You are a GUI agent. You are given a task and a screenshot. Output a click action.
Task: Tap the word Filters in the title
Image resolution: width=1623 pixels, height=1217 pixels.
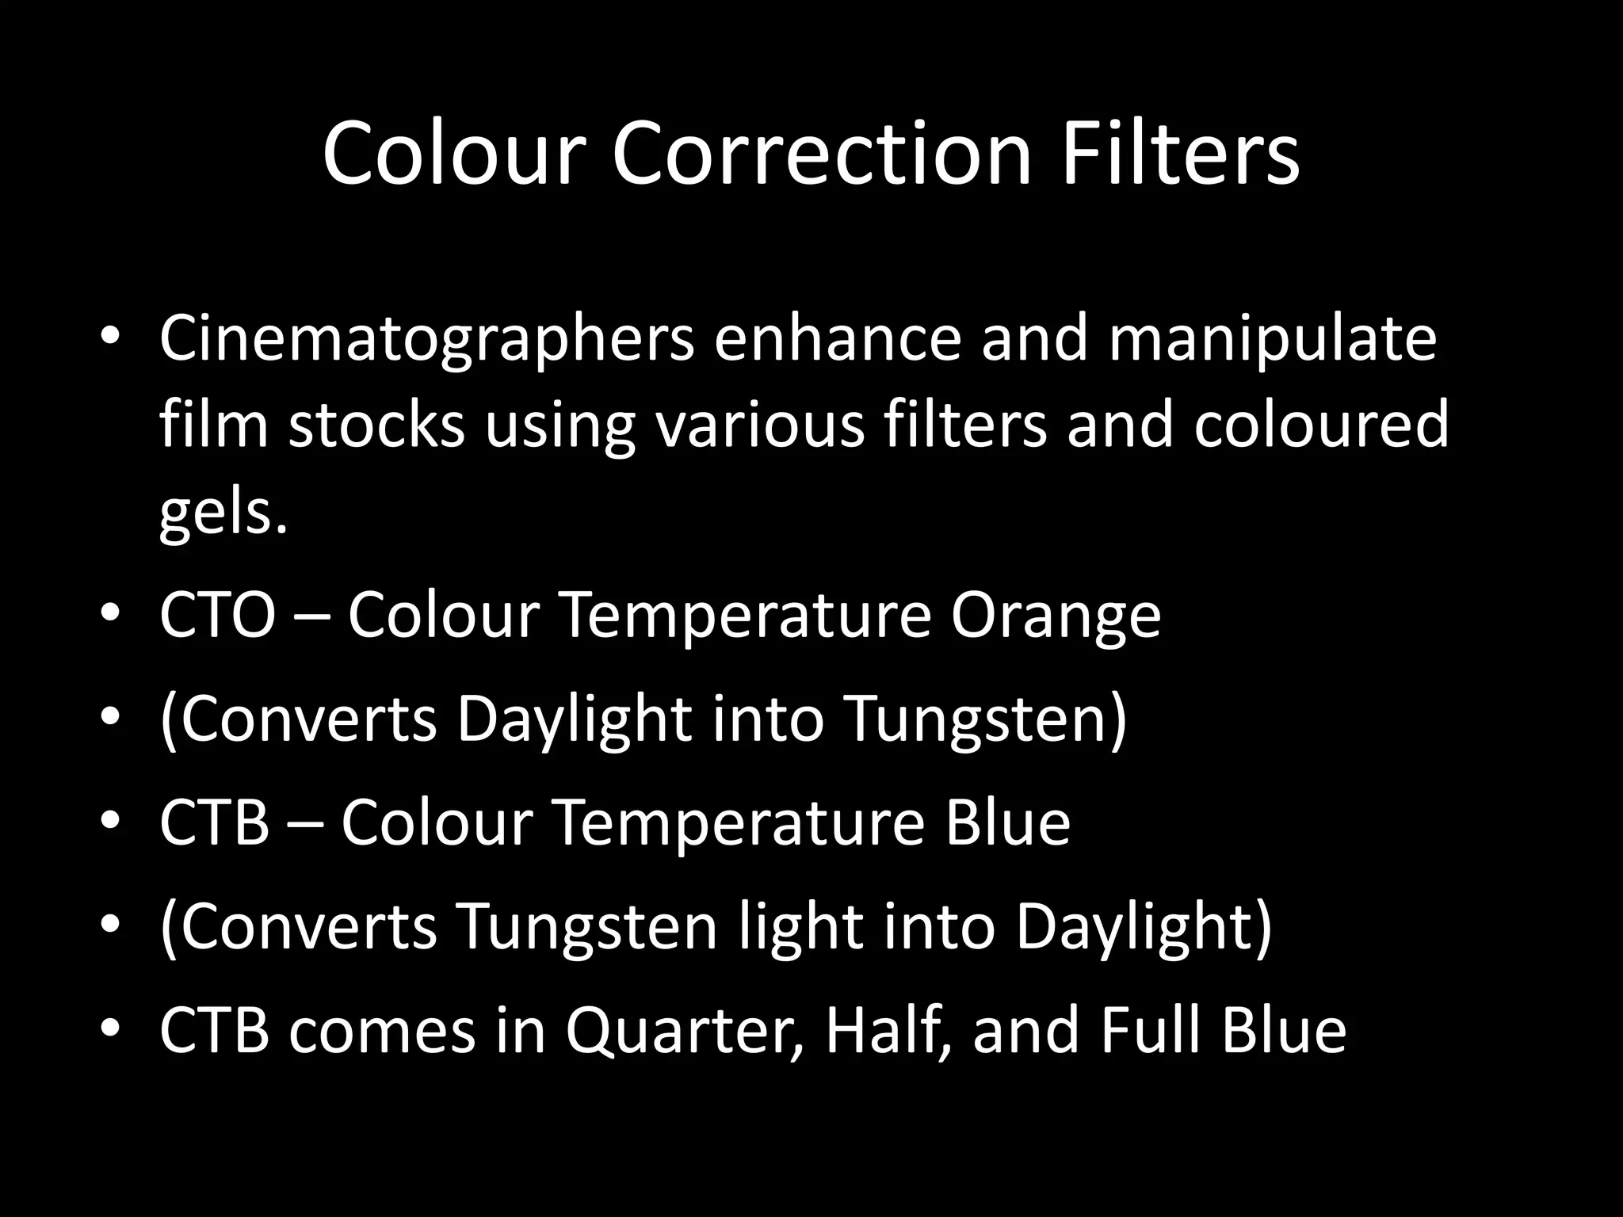click(x=1180, y=153)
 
